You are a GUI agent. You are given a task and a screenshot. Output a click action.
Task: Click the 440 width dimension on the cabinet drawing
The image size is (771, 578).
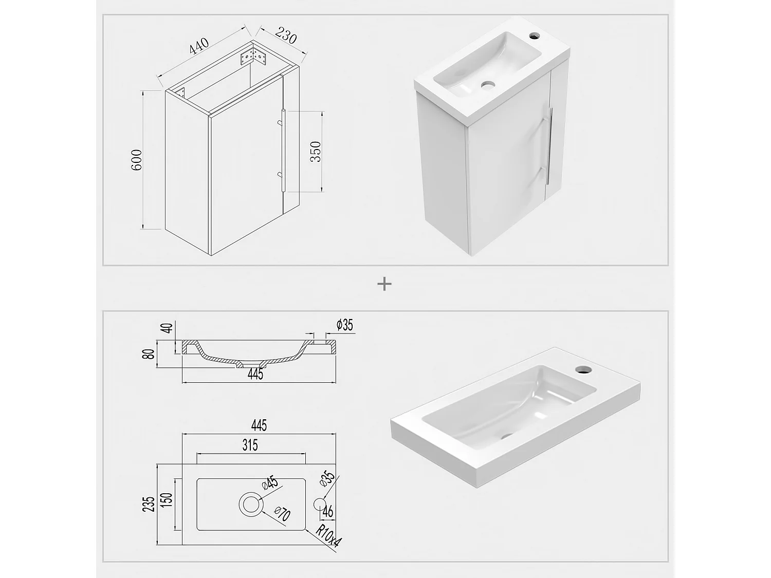tap(199, 46)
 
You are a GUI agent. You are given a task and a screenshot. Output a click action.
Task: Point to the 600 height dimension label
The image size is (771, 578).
tap(137, 160)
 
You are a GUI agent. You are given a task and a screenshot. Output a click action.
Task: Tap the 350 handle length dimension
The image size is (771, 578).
tap(315, 152)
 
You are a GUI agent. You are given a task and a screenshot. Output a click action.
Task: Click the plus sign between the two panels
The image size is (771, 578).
tap(384, 284)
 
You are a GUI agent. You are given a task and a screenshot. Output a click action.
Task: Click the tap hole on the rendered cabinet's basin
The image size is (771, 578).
tap(534, 36)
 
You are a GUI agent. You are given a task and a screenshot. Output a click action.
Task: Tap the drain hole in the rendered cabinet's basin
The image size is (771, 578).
tap(488, 83)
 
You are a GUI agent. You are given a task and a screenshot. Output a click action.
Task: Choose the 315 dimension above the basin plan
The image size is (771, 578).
tap(250, 444)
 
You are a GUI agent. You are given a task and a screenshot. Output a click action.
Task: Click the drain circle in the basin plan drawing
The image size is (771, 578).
tap(251, 505)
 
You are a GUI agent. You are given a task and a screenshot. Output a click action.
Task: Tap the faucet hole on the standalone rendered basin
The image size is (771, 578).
tap(582, 369)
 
